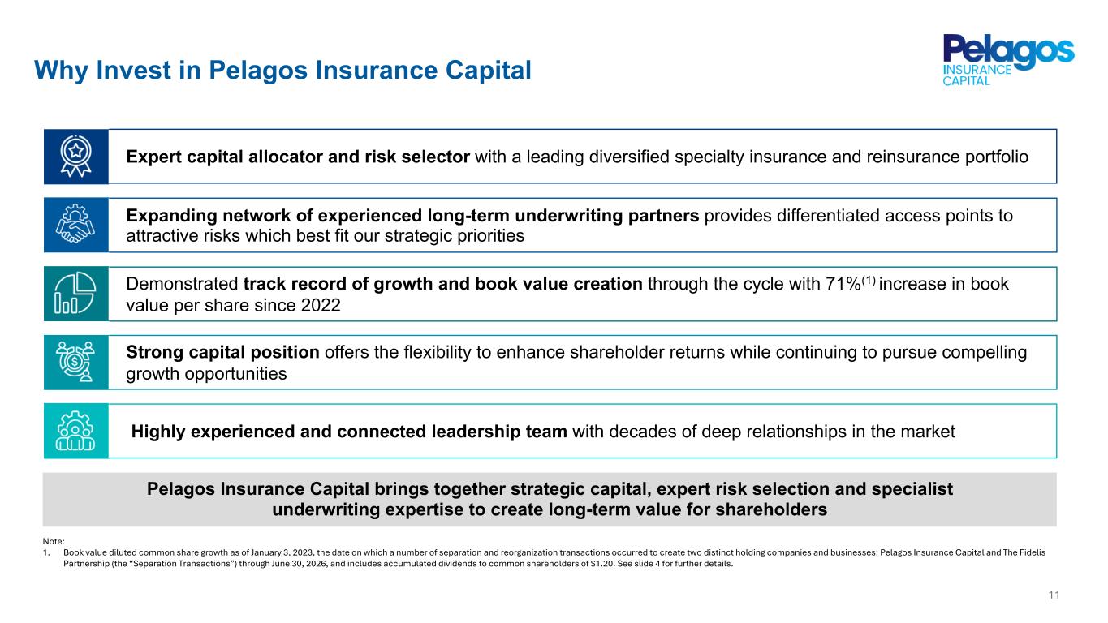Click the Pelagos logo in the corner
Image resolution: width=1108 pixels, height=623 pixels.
(1008, 60)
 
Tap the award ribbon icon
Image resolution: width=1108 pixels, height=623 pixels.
(75, 157)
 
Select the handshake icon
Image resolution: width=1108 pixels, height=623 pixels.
(75, 224)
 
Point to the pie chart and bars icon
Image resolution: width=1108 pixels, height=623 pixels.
(75, 293)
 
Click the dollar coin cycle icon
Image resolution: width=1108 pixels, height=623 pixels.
(75, 362)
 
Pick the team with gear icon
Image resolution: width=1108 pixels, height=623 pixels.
(75, 431)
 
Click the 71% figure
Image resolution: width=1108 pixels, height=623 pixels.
(843, 284)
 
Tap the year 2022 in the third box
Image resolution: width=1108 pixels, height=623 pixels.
(321, 306)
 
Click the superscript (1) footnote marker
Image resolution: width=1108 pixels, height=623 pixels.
(869, 281)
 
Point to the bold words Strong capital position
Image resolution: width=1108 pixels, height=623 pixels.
(222, 353)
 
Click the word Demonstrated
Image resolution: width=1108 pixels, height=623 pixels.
(182, 284)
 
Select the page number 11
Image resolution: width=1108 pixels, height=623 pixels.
(1054, 595)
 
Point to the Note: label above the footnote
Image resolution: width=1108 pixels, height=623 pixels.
(54, 541)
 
